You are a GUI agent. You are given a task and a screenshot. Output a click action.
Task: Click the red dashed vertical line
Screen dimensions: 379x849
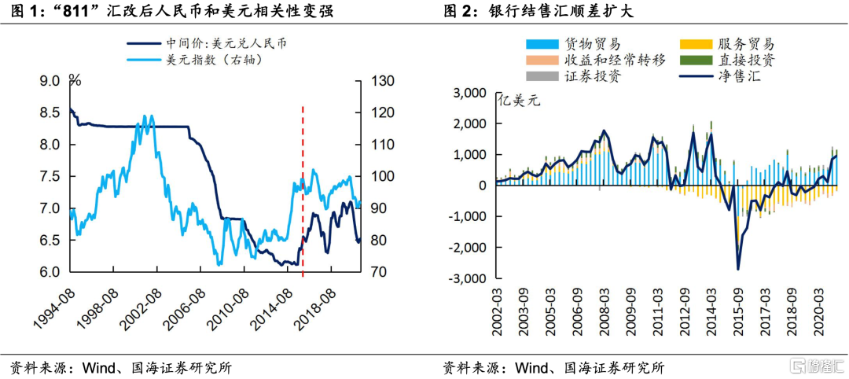(x=303, y=189)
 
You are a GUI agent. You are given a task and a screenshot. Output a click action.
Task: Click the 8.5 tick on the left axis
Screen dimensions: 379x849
(x=49, y=112)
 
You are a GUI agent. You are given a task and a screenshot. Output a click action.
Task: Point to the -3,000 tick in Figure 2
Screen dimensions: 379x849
(x=469, y=278)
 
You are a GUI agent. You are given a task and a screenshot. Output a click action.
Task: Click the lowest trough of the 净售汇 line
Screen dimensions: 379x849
(x=738, y=269)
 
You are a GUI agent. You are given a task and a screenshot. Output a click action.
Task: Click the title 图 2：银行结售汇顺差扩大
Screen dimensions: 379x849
(x=538, y=12)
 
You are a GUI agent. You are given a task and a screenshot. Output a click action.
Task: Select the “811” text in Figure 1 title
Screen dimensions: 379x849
(x=75, y=12)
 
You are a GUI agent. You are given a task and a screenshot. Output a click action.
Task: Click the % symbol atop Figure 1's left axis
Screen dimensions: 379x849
(x=75, y=79)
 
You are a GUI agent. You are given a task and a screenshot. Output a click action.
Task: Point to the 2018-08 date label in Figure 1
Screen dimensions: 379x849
(x=314, y=311)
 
